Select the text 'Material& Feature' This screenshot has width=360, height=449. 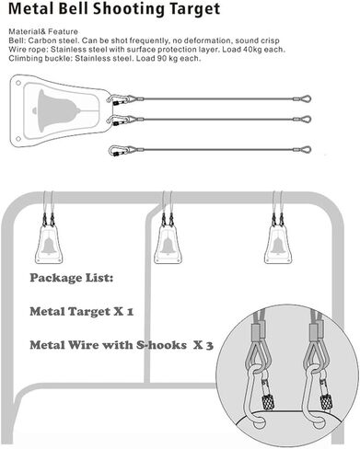tap(34, 32)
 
